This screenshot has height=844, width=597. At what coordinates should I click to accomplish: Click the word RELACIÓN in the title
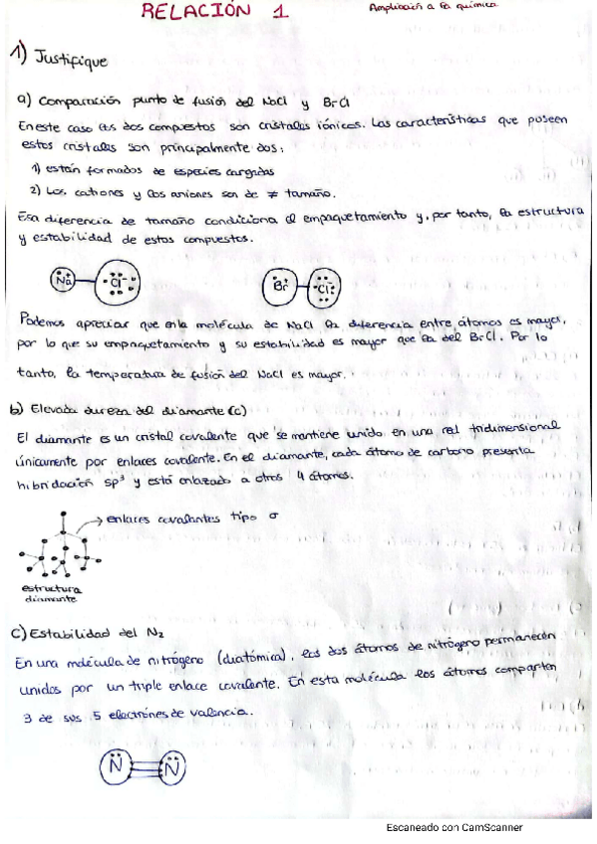point(196,12)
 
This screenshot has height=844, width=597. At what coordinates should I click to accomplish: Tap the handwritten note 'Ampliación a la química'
point(432,8)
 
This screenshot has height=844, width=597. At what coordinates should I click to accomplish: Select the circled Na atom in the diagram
point(66,282)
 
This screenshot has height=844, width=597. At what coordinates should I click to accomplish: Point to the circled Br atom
point(281,287)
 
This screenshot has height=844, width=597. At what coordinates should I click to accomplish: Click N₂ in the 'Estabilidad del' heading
point(156,634)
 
